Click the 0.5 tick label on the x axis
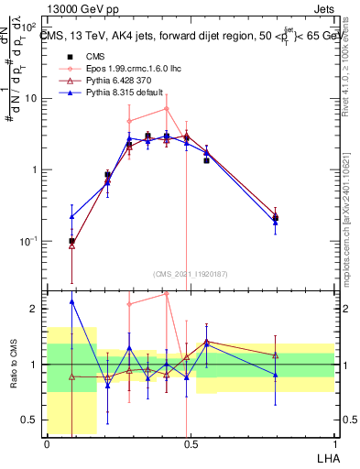(190, 442)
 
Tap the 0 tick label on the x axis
(47, 442)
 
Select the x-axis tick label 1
(333, 442)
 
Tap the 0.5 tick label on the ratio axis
(32, 420)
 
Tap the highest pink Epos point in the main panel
(166, 108)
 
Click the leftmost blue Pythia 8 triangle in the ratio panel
(71, 301)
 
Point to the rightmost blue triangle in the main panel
(276, 222)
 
